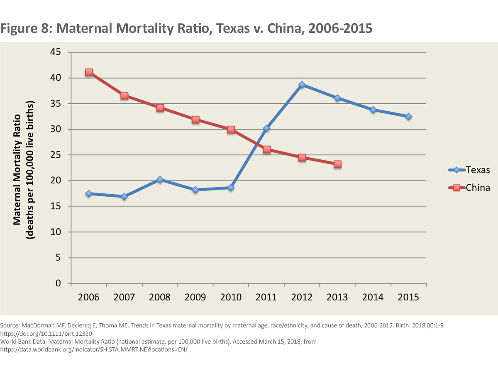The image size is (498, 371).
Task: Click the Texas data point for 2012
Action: click(302, 85)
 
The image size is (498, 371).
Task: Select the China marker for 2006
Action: click(89, 72)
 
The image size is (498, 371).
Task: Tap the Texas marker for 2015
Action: click(408, 117)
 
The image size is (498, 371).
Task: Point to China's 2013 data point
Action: click(337, 164)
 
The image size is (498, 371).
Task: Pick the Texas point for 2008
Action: click(160, 180)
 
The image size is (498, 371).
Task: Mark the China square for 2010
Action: click(231, 129)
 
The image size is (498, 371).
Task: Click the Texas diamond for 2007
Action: click(124, 197)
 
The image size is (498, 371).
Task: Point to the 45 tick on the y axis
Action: click(55, 52)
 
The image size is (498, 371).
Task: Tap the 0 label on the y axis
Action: click(58, 283)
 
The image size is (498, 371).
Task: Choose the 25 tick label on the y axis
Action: click(55, 155)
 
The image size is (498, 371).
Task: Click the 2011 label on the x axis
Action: click(266, 298)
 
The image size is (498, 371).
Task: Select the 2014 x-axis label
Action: click(373, 298)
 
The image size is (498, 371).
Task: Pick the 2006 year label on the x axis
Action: click(89, 298)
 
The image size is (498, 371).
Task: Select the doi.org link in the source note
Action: click(46, 333)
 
